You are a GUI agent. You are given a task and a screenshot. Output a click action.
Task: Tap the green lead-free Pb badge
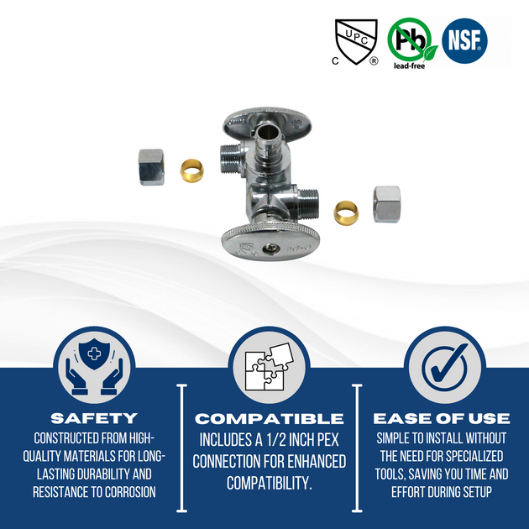pos(409,39)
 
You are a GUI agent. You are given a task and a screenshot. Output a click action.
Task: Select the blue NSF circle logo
pos(465,40)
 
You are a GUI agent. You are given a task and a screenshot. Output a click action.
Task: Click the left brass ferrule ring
pos(194,171)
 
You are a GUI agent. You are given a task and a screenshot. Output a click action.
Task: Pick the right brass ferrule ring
pos(345,210)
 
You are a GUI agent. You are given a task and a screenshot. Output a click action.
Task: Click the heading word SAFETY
pos(93,417)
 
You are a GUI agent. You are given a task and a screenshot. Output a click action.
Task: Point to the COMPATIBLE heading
pos(269,418)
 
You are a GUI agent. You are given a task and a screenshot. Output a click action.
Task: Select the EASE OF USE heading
pos(442,418)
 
